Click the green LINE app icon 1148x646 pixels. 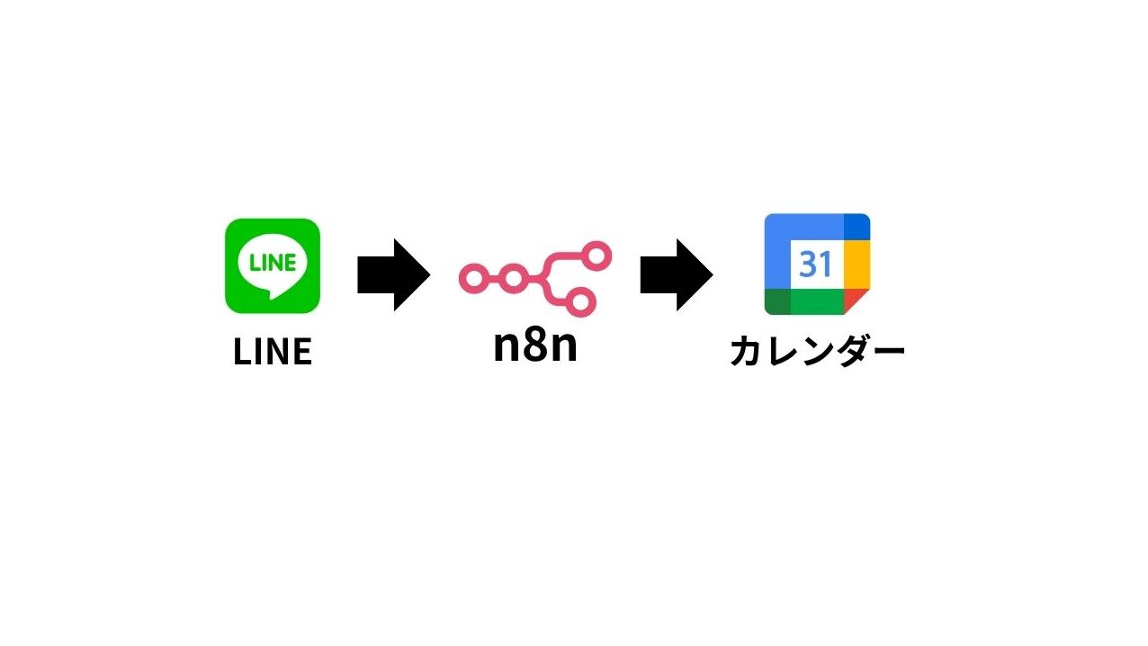pyautogui.click(x=273, y=265)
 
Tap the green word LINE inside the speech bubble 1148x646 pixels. pyautogui.click(x=273, y=263)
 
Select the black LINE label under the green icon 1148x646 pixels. pyautogui.click(x=273, y=352)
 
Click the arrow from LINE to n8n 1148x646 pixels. pyautogui.click(x=393, y=274)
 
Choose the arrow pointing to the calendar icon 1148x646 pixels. pyautogui.click(x=677, y=274)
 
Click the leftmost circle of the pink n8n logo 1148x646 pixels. pyautogui.click(x=474, y=278)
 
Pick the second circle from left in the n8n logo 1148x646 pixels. pyautogui.click(x=513, y=278)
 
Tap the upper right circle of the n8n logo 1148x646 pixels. pyautogui.click(x=596, y=256)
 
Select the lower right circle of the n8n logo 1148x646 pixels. pyautogui.click(x=580, y=301)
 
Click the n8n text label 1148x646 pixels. pyautogui.click(x=535, y=345)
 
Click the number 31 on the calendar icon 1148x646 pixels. pyautogui.click(x=815, y=264)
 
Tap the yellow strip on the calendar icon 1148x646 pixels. pyautogui.click(x=857, y=265)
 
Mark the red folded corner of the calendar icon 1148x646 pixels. pyautogui.click(x=855, y=300)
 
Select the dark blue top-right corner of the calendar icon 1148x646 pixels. pyautogui.click(x=857, y=227)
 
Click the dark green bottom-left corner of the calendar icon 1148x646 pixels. pyautogui.click(x=777, y=302)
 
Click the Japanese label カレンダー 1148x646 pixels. pyautogui.click(x=818, y=352)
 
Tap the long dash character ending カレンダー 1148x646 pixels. pyautogui.click(x=886, y=351)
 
